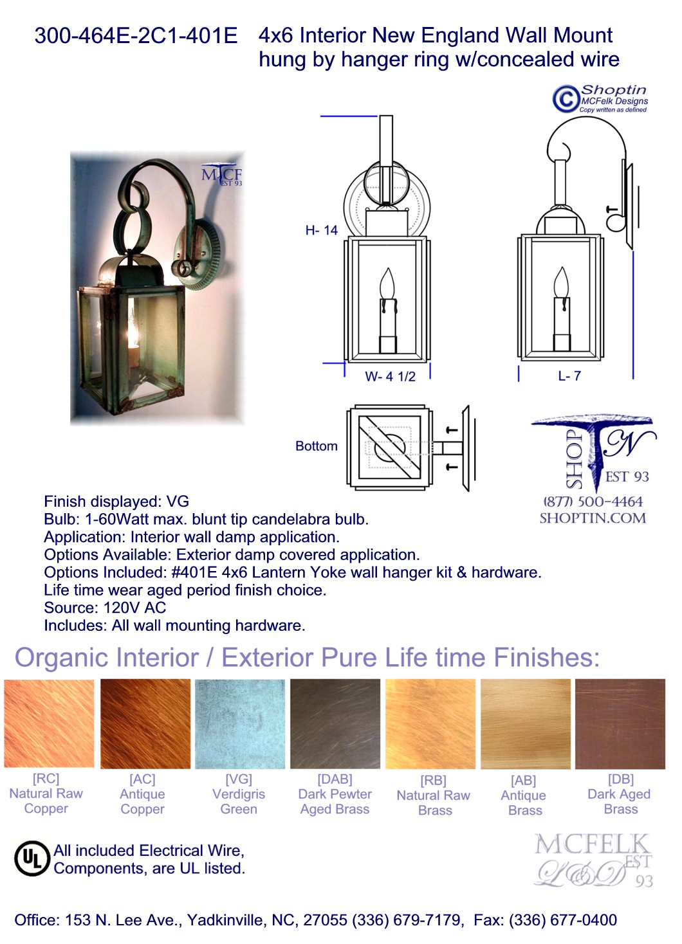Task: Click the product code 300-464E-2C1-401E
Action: pos(136,35)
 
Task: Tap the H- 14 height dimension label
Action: pos(322,230)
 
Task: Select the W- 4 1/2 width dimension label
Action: pos(390,376)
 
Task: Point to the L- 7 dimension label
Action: pos(569,376)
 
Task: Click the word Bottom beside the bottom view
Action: pos(317,446)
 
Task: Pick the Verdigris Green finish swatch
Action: pos(239,723)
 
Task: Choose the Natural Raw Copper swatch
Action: pos(49,723)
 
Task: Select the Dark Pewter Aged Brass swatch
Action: pos(335,723)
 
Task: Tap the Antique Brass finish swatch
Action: pos(526,723)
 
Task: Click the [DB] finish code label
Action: pos(621,779)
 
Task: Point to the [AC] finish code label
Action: pos(142,779)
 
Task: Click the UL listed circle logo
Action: pos(32,858)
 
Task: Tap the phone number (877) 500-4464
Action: pos(593,502)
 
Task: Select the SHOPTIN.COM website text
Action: pos(593,518)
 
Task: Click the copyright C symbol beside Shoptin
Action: pos(566,99)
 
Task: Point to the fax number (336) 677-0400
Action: pos(563,920)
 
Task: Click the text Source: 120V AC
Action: pos(105,608)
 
